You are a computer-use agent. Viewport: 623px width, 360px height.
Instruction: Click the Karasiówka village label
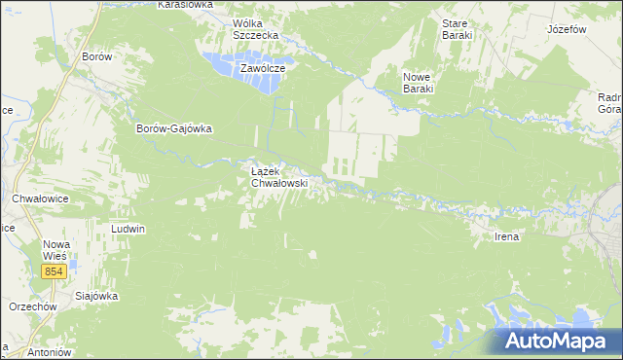[185, 5]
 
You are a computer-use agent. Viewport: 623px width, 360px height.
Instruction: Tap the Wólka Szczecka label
[255, 28]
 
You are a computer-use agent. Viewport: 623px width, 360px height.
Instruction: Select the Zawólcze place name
[262, 69]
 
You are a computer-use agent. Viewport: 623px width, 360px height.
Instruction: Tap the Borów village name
[97, 56]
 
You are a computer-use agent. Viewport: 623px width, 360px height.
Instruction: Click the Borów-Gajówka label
[174, 128]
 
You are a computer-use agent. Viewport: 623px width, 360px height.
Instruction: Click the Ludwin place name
[128, 230]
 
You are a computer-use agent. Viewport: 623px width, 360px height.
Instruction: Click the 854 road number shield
[55, 271]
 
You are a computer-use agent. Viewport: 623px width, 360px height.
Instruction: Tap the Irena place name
[507, 236]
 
